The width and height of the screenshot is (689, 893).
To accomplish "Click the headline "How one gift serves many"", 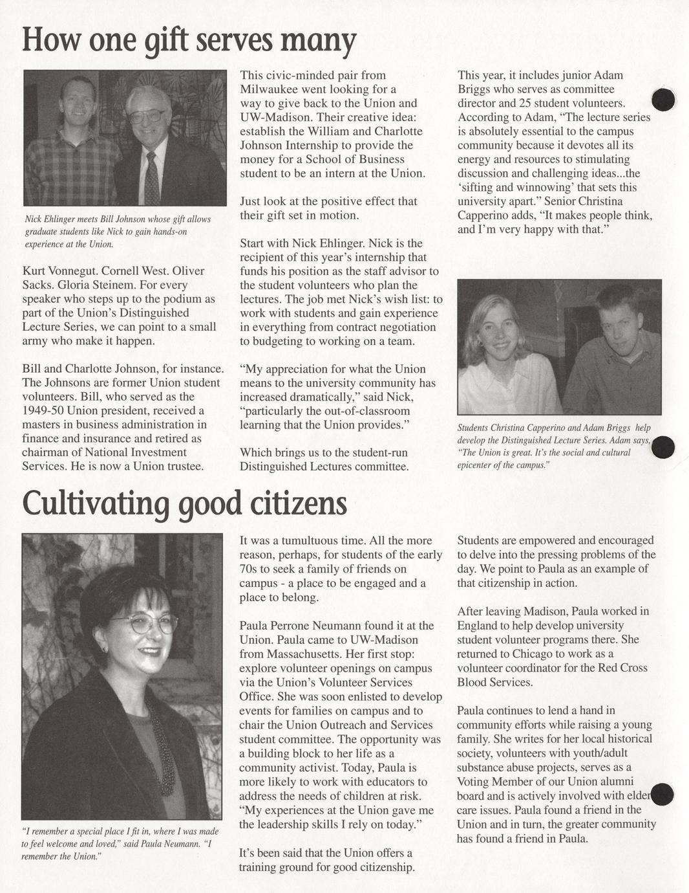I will coord(189,40).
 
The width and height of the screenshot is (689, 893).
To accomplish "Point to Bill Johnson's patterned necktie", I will coord(152,177).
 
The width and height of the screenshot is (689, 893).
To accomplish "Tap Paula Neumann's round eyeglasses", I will coord(144,623).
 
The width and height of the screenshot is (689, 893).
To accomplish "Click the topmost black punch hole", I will coord(663,100).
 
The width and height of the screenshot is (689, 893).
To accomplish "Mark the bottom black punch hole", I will coord(662,795).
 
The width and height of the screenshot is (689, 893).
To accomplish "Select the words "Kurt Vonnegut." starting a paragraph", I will coord(59,271).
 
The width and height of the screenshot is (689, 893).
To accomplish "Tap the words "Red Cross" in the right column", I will coord(622,668).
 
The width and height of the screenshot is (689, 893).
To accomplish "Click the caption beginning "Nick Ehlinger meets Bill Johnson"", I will coord(118,232).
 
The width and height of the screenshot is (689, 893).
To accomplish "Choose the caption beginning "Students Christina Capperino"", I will coord(554,446).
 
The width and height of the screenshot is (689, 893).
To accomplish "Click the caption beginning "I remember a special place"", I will coord(120,844).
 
